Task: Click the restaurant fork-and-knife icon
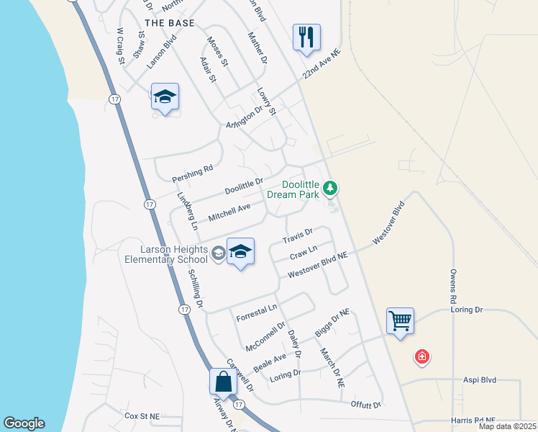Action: (306, 37)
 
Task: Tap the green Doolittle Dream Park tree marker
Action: (330, 189)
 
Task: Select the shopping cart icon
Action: (400, 320)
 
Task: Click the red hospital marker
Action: (422, 356)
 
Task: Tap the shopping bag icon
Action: (224, 382)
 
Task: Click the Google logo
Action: (24, 423)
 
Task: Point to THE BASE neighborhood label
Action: (169, 23)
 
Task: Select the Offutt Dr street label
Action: (365, 405)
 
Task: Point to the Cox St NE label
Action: (142, 416)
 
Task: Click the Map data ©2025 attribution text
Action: (506, 426)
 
